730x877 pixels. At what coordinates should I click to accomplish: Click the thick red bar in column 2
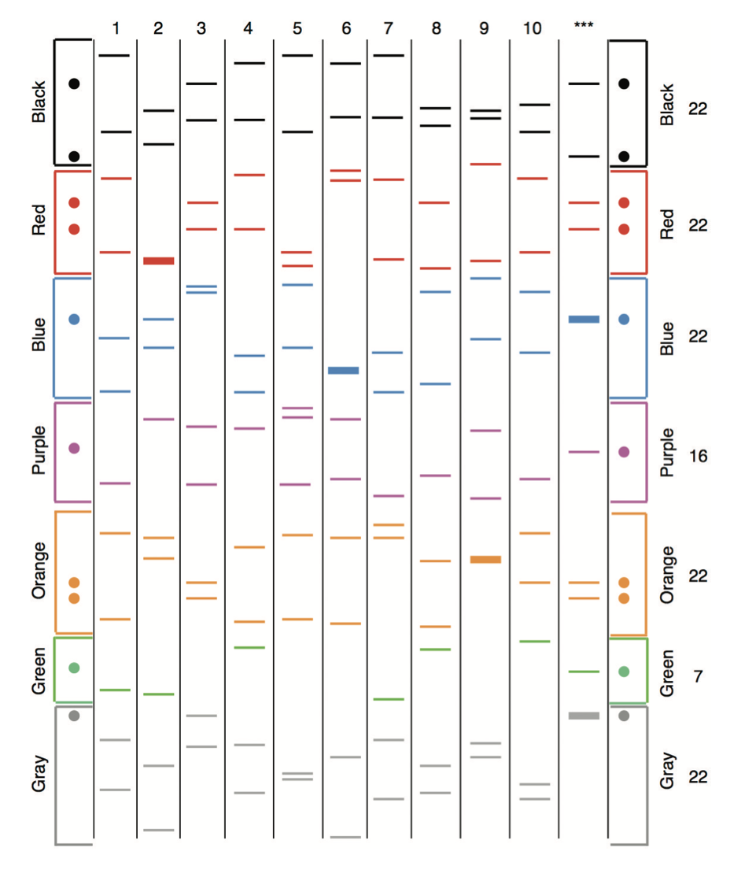pos(159,261)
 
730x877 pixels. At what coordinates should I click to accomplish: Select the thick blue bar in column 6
pos(343,370)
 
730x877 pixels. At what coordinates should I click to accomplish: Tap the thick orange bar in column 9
pos(485,560)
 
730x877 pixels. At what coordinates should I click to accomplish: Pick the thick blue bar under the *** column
pos(584,319)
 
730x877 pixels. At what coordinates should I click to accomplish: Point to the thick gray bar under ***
pos(584,716)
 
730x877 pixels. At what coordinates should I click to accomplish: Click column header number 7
pos(388,28)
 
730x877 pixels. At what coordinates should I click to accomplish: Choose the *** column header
pos(583,25)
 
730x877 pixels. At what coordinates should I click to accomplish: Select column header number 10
pos(532,28)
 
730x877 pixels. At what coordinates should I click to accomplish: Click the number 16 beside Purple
pos(698,456)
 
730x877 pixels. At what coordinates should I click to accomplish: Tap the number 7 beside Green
pos(698,675)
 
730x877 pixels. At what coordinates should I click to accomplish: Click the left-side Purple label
pos(37,452)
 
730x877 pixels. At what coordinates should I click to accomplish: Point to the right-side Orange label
pos(667,575)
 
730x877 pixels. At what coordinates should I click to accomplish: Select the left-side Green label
pos(37,672)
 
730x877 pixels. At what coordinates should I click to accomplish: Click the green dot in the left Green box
pos(75,668)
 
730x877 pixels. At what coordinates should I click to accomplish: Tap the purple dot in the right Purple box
pos(624,452)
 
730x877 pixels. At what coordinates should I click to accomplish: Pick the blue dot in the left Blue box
pos(75,319)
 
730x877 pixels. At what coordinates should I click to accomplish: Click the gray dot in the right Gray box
pos(624,716)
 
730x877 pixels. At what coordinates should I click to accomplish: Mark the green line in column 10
pos(534,642)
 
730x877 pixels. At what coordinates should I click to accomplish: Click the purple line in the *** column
pos(584,452)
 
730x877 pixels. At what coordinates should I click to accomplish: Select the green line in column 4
pos(249,647)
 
